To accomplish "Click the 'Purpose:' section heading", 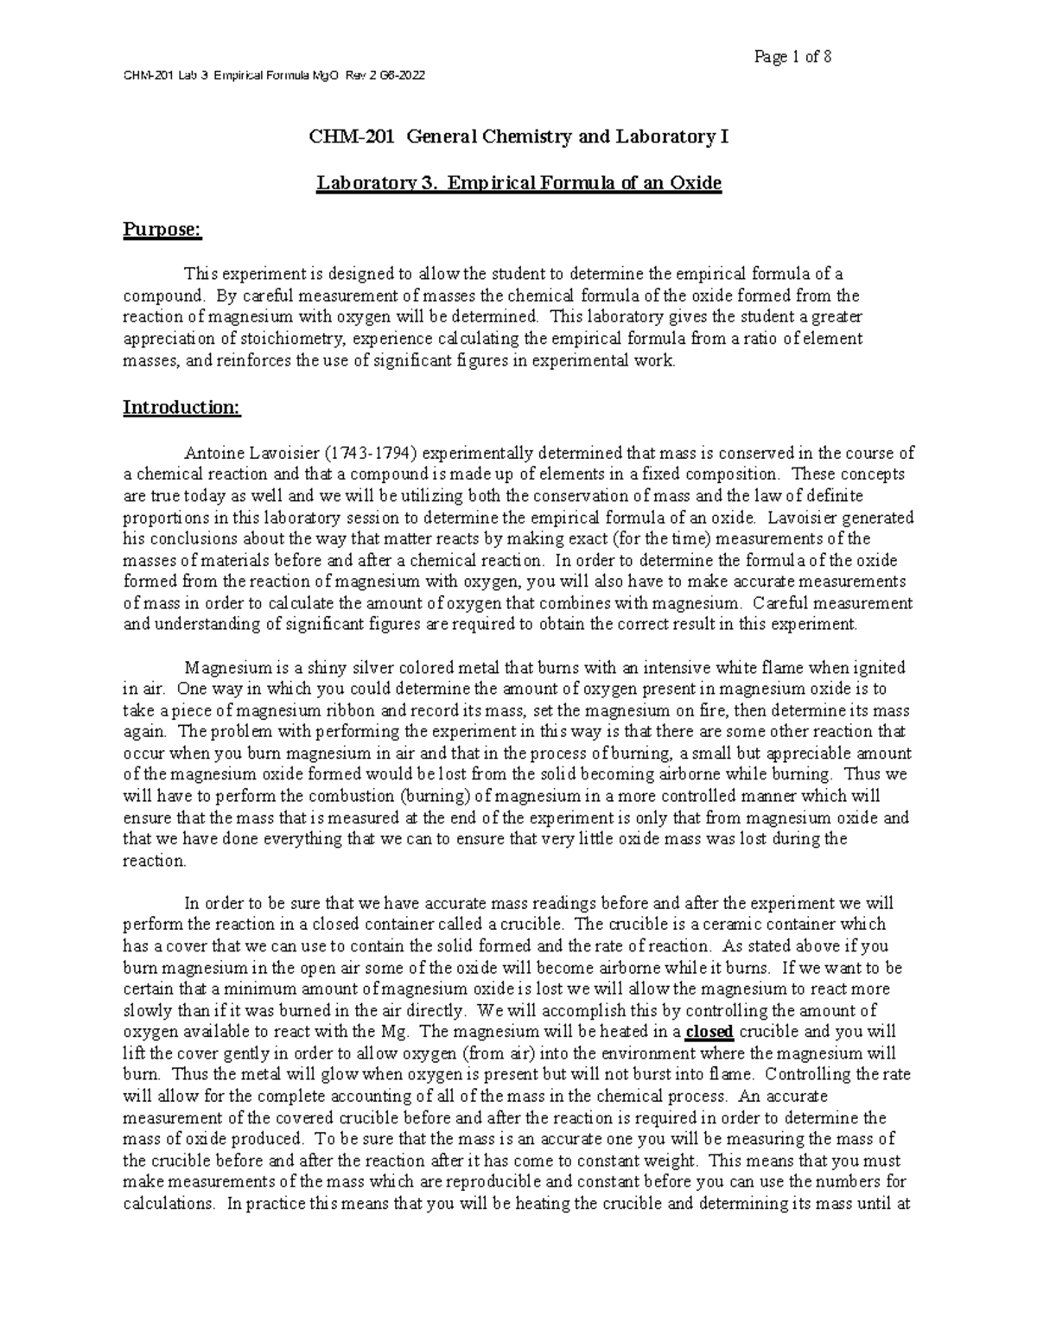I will coord(162,229).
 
